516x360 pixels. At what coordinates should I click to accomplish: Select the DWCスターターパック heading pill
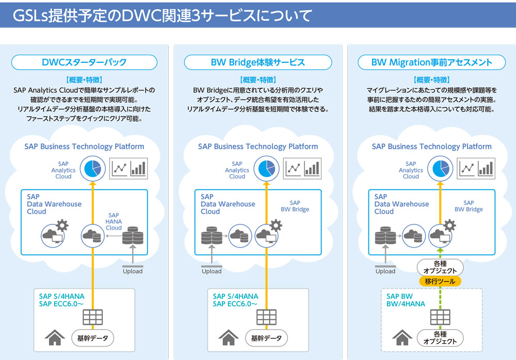click(x=84, y=63)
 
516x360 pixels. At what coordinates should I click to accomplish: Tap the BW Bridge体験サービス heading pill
click(x=257, y=63)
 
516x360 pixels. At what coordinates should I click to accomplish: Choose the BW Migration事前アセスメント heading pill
click(x=431, y=63)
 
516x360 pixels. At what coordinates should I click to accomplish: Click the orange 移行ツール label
click(x=440, y=282)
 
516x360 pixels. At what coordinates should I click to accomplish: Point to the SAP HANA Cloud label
click(x=114, y=222)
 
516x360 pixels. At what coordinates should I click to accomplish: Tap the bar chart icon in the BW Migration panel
click(x=486, y=168)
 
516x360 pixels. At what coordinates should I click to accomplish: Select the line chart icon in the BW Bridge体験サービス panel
click(x=294, y=168)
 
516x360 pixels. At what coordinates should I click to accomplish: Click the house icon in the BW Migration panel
click(x=402, y=338)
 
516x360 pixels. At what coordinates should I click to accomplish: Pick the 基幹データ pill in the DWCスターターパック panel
click(x=92, y=338)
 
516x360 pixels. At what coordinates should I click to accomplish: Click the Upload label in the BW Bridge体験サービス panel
click(x=212, y=271)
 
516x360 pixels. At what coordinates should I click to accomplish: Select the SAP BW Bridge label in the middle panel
click(x=295, y=206)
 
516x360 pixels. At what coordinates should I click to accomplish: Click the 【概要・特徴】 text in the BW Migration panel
click(x=431, y=80)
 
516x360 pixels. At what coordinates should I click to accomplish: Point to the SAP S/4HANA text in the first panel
click(x=61, y=297)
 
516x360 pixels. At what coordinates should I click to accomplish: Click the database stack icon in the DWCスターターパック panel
click(x=132, y=236)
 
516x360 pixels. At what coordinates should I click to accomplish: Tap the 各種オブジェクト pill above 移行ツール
click(x=440, y=267)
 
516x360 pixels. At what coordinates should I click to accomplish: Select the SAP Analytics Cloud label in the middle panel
click(x=237, y=170)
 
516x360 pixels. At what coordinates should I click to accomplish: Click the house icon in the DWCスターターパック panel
click(x=54, y=338)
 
